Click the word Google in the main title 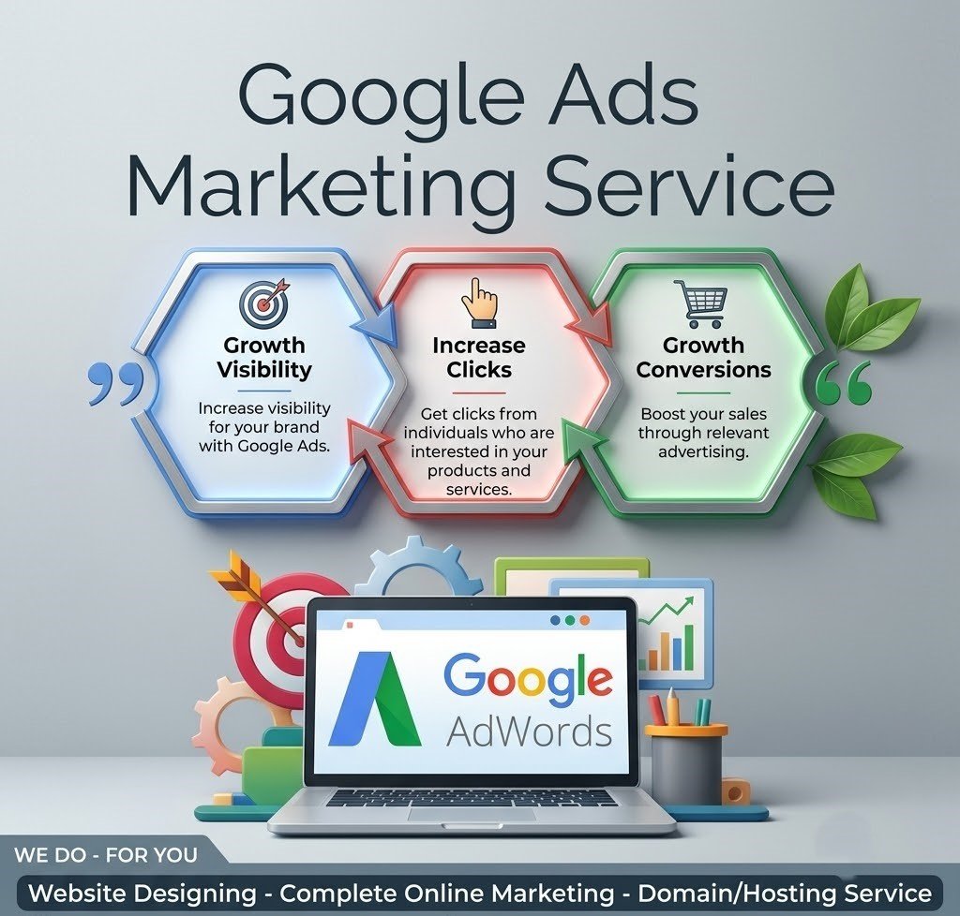pos(381,97)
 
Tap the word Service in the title pos(689,185)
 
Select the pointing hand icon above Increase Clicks pos(479,303)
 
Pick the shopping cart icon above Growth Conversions pos(701,303)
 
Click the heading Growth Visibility pos(264,358)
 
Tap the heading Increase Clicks pos(479,358)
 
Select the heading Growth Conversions pos(703,358)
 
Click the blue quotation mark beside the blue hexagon pos(116,382)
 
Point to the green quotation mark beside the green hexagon pos(843,382)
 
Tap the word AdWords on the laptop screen pos(529,731)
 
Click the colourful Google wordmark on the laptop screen pos(528,676)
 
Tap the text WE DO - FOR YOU pos(106,854)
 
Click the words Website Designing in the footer pos(142,894)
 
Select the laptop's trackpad pos(472,813)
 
